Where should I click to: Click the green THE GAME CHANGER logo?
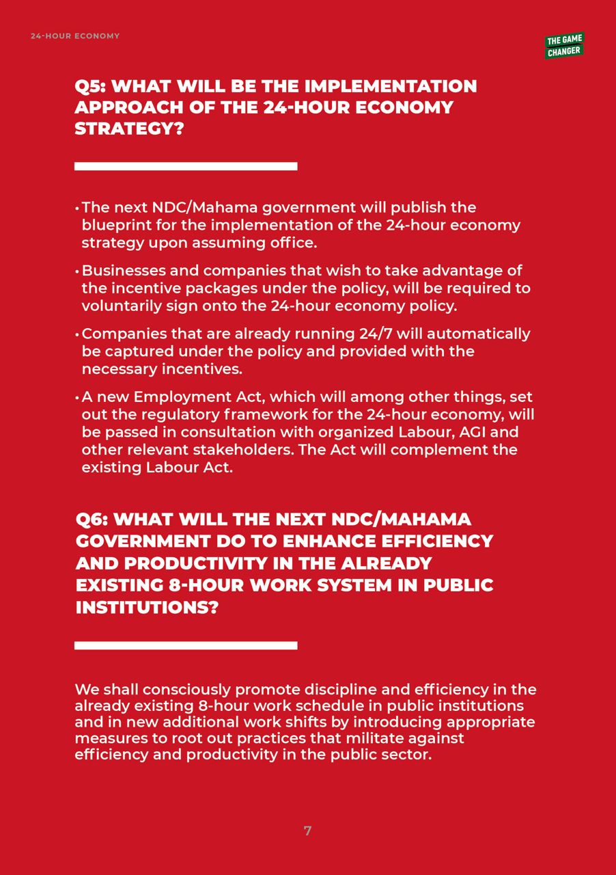coord(564,46)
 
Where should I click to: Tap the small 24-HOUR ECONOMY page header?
coord(75,36)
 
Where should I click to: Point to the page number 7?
coord(307,831)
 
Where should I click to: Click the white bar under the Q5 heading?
coord(186,166)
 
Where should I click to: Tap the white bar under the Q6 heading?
coord(186,645)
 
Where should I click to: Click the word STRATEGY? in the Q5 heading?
coord(129,129)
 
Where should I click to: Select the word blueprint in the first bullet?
coord(114,225)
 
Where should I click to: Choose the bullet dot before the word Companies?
coord(77,335)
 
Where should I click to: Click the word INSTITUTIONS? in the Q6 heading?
coord(146,607)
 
